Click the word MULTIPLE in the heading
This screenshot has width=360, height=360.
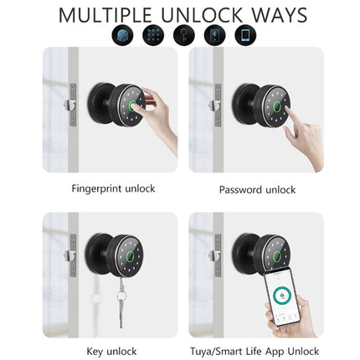pyautogui.click(x=105, y=15)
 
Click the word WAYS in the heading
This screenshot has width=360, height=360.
pyautogui.click(x=280, y=15)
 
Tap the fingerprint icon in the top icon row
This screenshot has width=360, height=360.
pyautogui.click(x=122, y=35)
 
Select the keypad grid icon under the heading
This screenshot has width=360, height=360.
pyautogui.click(x=153, y=35)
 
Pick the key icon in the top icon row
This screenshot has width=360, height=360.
pyautogui.click(x=184, y=35)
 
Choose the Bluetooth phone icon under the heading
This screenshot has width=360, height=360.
pyautogui.click(x=214, y=35)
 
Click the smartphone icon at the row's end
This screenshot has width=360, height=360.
pyautogui.click(x=245, y=35)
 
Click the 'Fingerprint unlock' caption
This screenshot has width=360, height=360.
pyautogui.click(x=113, y=189)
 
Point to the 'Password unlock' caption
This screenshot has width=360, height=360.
pyautogui.click(x=257, y=190)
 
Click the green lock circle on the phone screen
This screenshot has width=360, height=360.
pyautogui.click(x=282, y=296)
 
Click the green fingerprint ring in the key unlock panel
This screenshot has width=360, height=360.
pyautogui.click(x=131, y=257)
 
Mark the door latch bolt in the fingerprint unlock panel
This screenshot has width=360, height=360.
pyautogui.click(x=69, y=105)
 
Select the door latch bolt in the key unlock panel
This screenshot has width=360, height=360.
pyautogui.click(x=69, y=255)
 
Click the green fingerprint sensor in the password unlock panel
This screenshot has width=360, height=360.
pyautogui.click(x=276, y=107)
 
